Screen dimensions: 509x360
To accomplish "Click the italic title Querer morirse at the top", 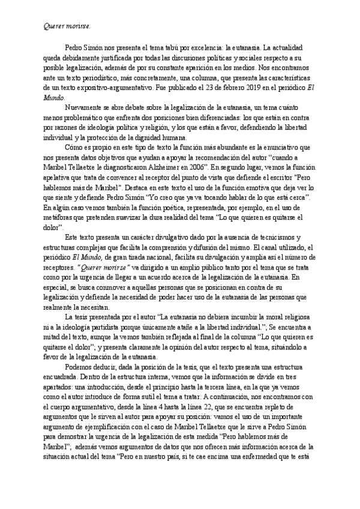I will point(67,27).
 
